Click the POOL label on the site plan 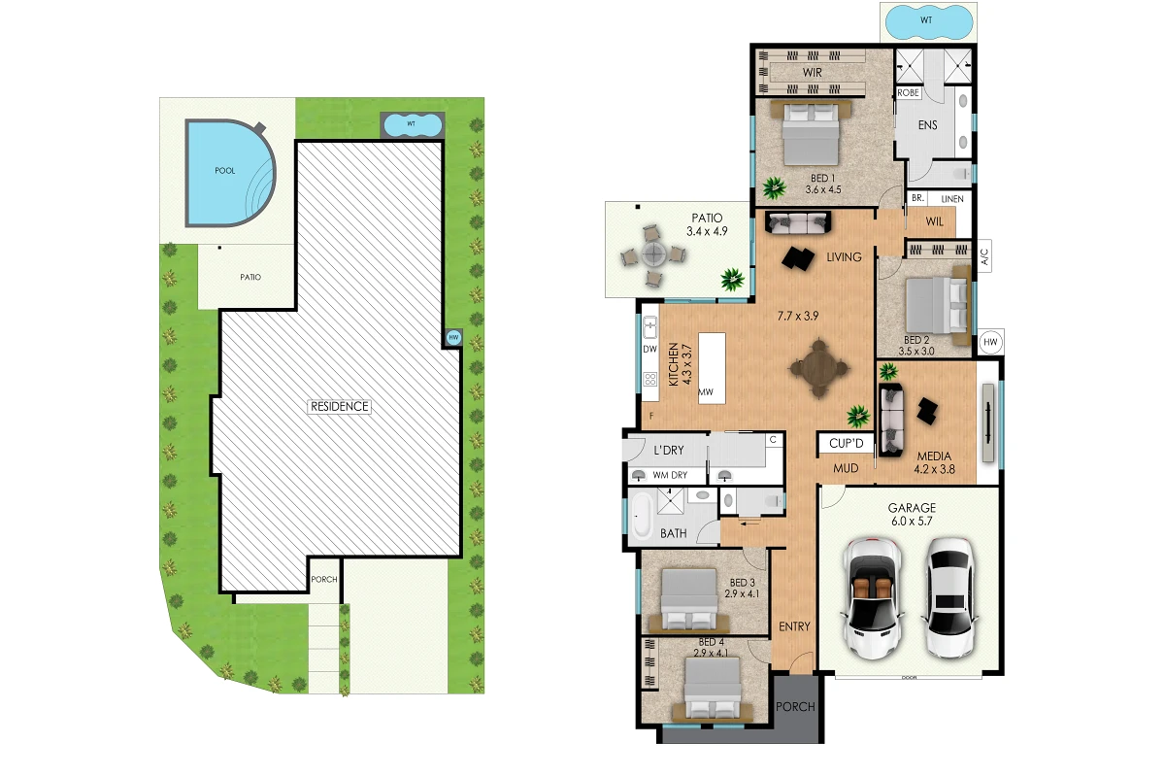[224, 171]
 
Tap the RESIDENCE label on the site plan [340, 406]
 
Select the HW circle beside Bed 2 [990, 342]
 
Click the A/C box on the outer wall [984, 256]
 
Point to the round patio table [653, 254]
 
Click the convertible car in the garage [873, 598]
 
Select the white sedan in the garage [949, 597]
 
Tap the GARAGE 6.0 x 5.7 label [912, 514]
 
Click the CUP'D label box [847, 444]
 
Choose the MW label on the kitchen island [705, 392]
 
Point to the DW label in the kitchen [650, 349]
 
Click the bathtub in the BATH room [642, 515]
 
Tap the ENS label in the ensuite [928, 125]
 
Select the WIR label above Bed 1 [813, 73]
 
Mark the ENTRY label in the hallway [794, 626]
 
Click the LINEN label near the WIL [952, 199]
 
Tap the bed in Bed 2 [938, 305]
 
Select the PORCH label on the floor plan [795, 707]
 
